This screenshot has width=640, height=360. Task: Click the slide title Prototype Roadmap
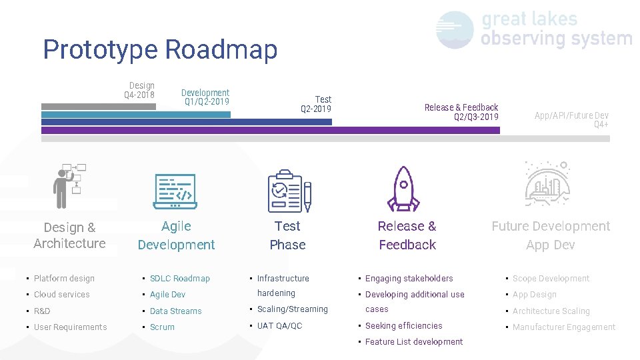click(160, 50)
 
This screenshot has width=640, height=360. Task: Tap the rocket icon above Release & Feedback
click(403, 188)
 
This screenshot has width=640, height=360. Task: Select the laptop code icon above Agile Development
click(175, 191)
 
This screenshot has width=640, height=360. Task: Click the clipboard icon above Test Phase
click(289, 191)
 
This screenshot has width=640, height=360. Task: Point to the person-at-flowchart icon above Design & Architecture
click(70, 186)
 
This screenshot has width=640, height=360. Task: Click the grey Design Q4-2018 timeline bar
click(98, 107)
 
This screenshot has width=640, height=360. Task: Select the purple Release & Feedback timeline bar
click(270, 131)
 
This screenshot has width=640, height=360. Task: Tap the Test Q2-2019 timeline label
click(316, 105)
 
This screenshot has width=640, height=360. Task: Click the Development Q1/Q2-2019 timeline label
click(206, 97)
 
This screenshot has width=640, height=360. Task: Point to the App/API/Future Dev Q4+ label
click(571, 120)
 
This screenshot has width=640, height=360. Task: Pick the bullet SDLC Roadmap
click(179, 279)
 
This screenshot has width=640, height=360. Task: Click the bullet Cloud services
click(61, 295)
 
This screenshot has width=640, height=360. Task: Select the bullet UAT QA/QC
click(279, 326)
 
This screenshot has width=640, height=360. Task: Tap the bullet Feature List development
click(413, 342)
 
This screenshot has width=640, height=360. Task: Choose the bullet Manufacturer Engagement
click(563, 327)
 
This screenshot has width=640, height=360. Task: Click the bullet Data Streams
click(175, 311)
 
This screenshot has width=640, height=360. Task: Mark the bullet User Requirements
click(70, 327)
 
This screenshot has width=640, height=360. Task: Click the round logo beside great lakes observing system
click(455, 29)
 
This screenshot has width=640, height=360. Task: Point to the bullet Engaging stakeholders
click(409, 279)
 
